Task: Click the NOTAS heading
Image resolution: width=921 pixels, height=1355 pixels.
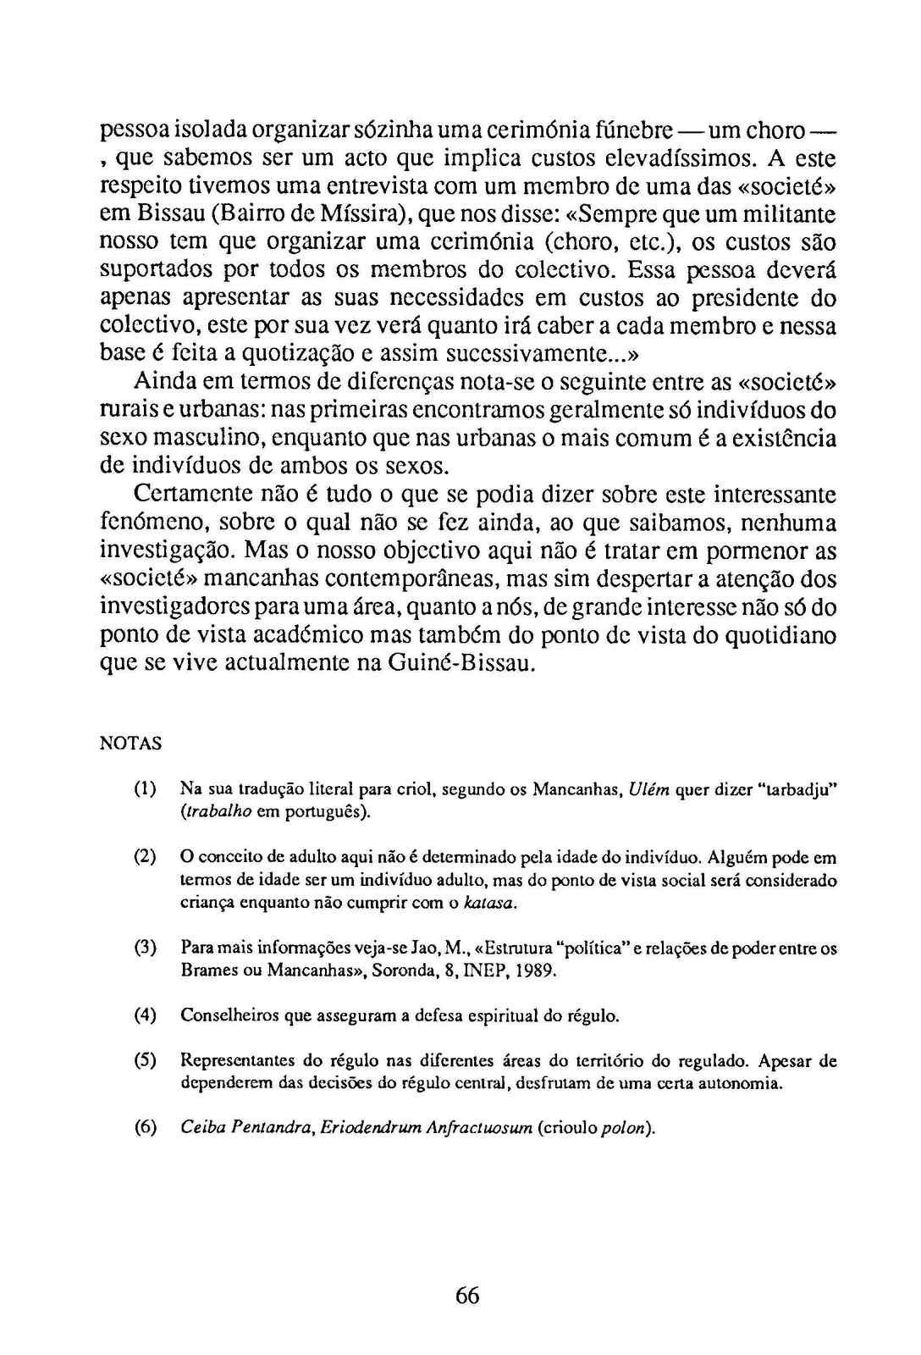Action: tap(130, 744)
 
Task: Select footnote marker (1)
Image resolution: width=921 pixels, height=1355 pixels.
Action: tap(145, 789)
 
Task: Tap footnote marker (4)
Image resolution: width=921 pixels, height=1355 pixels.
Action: tap(145, 1015)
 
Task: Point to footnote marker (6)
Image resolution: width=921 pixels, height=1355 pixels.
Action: tap(145, 1127)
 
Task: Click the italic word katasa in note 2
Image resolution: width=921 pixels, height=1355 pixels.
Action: tap(489, 903)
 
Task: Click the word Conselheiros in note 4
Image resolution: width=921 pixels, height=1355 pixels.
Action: tap(223, 1015)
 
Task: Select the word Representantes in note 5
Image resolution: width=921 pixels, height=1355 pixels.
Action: tap(236, 1060)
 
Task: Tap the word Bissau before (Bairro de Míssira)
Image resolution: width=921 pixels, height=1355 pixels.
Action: tap(165, 214)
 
